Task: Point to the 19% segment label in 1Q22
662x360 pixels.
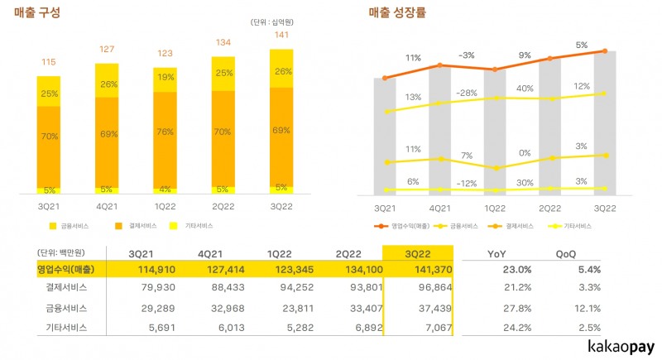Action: coord(165,79)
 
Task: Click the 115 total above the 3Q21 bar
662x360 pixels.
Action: coord(48,63)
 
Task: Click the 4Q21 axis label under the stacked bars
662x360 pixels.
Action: coord(106,205)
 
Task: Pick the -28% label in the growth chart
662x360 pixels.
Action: coord(467,93)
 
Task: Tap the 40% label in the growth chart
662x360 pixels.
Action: coord(524,89)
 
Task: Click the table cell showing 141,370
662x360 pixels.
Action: coord(419,270)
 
